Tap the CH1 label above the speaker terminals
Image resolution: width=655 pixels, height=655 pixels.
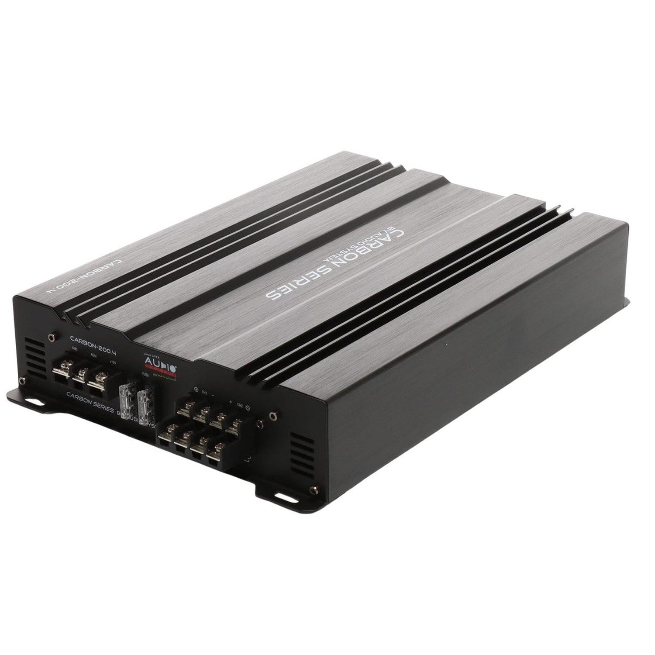point(204,393)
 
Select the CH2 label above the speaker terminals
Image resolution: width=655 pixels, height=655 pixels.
point(240,405)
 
